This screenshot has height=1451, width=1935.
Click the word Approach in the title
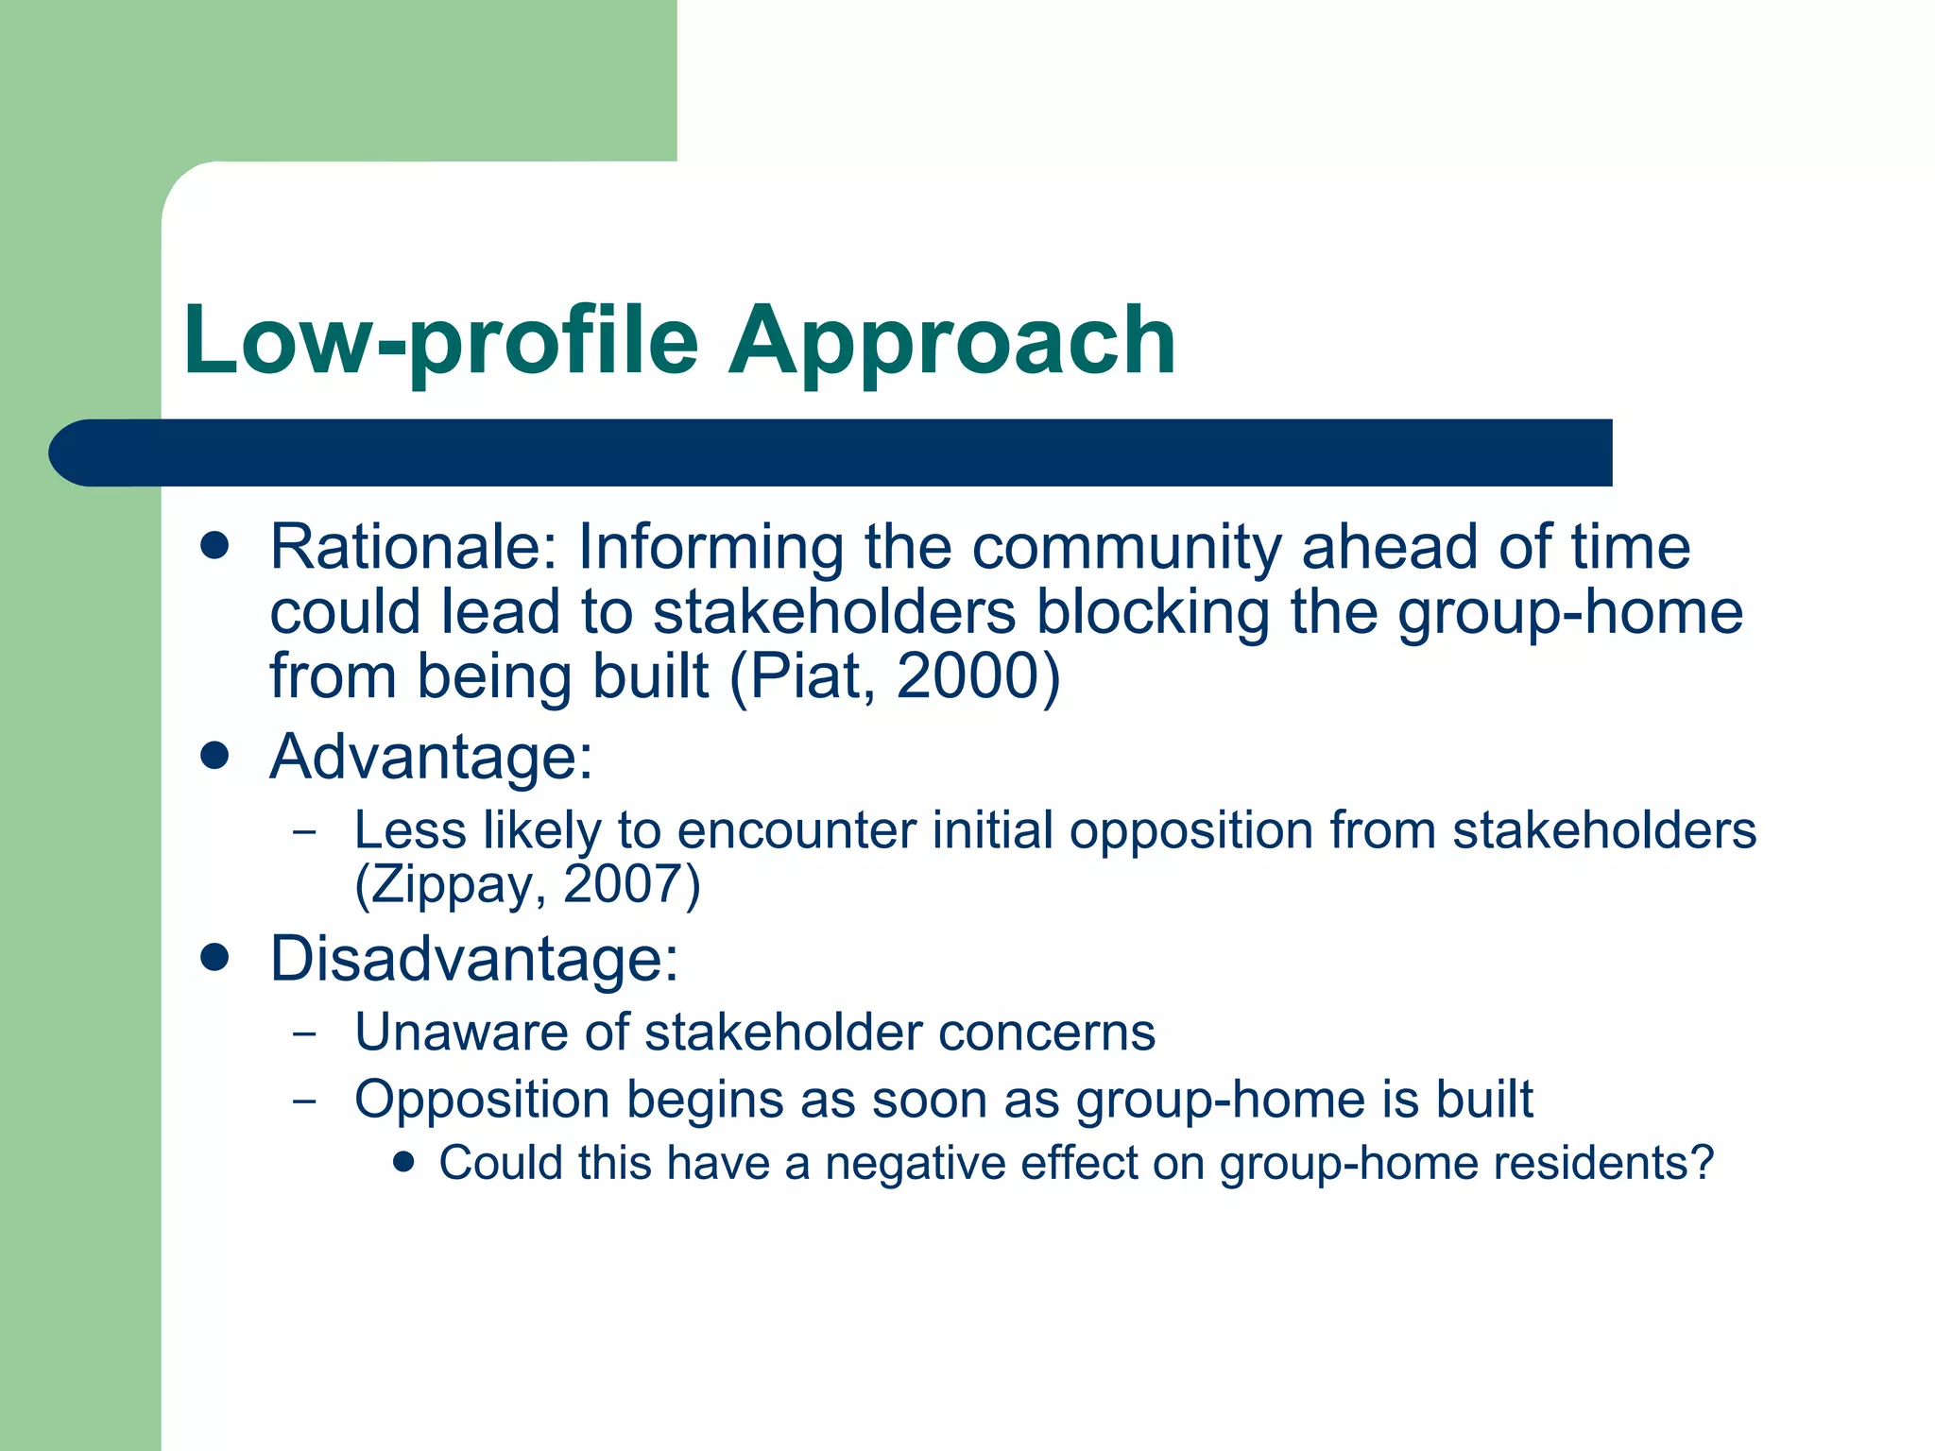[951, 342]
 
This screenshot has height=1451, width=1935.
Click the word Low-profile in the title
[440, 342]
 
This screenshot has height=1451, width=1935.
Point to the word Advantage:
[432, 757]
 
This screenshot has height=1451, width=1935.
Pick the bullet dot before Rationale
[215, 546]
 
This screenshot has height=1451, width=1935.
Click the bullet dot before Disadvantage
[215, 958]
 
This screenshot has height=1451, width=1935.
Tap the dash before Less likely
[304, 832]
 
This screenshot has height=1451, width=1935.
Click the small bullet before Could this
[404, 1161]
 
